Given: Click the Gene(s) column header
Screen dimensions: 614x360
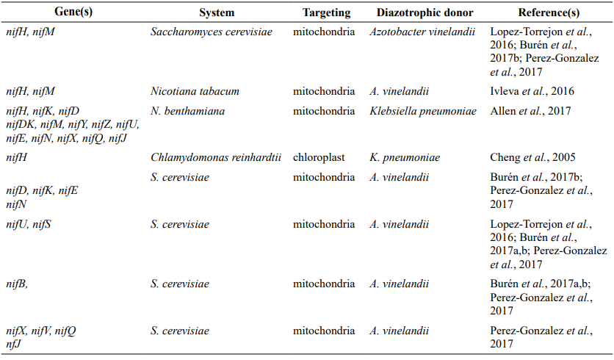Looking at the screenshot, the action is click(x=73, y=12).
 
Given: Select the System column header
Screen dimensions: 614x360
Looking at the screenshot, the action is click(x=217, y=12).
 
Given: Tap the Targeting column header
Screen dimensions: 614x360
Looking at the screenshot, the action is click(x=326, y=12).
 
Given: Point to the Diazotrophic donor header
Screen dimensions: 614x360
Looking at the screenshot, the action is click(x=425, y=12).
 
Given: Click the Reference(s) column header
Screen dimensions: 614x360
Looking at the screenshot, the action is click(x=549, y=12).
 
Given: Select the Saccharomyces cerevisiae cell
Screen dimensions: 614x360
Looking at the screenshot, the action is click(x=212, y=32).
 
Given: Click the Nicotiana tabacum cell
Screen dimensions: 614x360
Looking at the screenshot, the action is click(x=195, y=91).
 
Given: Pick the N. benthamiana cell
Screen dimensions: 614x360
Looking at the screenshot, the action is click(x=187, y=111).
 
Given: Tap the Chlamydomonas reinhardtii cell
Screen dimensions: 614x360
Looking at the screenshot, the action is click(x=216, y=157).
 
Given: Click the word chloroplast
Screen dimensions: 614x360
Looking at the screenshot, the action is click(x=319, y=157).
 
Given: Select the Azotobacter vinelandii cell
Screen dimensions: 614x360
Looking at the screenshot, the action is click(x=422, y=32).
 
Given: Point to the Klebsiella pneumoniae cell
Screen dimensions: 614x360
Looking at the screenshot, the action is click(x=423, y=111).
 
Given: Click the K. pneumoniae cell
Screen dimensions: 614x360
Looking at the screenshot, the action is click(x=405, y=157).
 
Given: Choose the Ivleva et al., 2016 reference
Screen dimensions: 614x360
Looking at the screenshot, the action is click(x=532, y=91).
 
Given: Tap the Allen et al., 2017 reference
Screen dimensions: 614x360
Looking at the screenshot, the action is click(x=530, y=111).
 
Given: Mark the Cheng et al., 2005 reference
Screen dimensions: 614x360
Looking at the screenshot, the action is click(x=532, y=157).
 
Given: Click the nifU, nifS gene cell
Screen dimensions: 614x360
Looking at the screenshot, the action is click(x=29, y=225).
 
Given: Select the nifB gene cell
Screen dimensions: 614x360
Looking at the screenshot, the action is click(x=17, y=284).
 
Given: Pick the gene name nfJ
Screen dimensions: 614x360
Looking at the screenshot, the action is click(x=14, y=344).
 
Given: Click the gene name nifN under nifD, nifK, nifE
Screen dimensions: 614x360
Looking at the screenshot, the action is click(x=16, y=204).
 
